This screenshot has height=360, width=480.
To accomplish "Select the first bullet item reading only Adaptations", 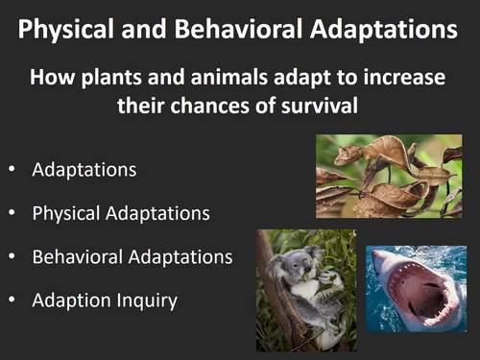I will click(84, 170).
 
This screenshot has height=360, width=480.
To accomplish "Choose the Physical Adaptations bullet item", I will click(121, 213).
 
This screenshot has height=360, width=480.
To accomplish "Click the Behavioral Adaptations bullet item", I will click(132, 257).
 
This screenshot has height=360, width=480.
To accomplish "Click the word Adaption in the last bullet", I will click(67, 300).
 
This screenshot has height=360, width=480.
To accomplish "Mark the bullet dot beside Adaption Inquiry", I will click(12, 301).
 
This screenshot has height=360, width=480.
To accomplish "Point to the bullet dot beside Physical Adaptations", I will click(12, 214).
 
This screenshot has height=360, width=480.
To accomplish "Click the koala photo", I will click(305, 289).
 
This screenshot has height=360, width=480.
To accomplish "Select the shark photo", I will click(415, 288).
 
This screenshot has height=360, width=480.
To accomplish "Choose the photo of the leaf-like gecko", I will click(389, 176).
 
